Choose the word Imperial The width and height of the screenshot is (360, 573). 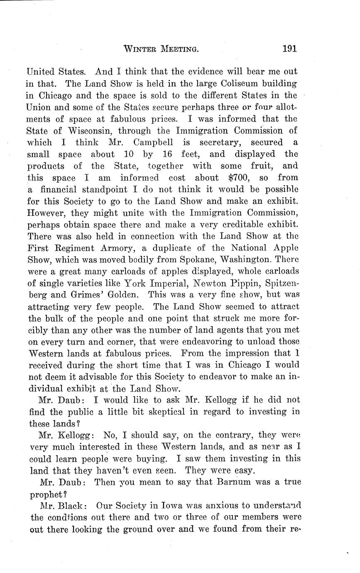coord(167,284)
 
